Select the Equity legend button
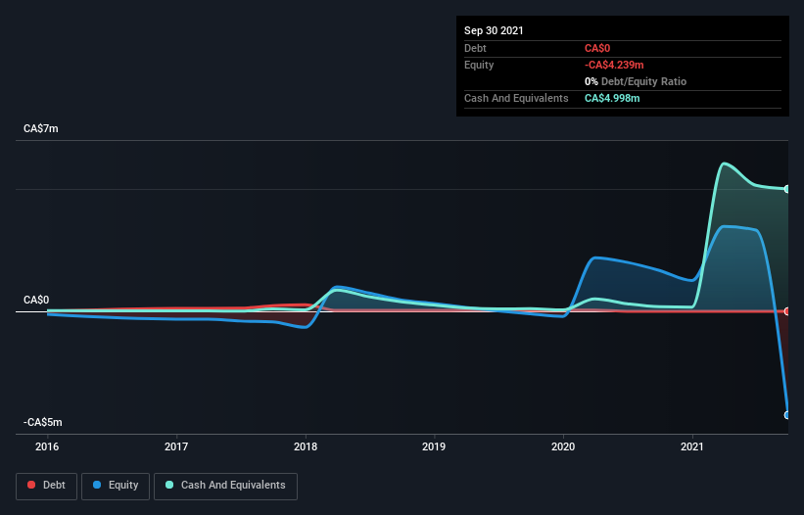(116, 485)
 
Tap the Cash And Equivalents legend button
(225, 485)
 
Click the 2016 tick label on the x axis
(47, 447)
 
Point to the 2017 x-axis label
(176, 447)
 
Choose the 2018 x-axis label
(306, 447)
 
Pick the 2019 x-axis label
(434, 447)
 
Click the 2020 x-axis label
(563, 447)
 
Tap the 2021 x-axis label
(692, 447)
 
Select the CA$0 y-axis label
(37, 300)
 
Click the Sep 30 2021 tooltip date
(495, 30)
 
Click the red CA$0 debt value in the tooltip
(598, 48)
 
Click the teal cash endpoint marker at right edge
(787, 189)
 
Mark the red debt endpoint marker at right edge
(787, 311)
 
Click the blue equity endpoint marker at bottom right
(787, 415)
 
